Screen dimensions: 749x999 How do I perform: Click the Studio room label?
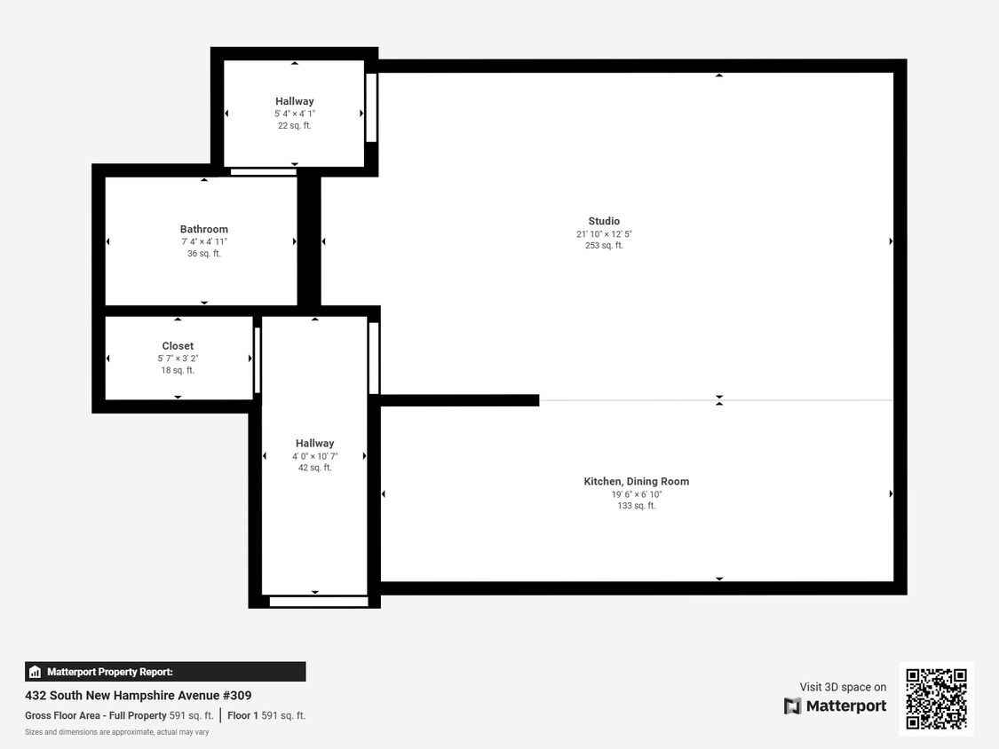coord(604,221)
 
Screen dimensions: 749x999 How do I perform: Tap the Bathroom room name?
coord(204,229)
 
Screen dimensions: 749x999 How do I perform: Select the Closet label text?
coord(178,346)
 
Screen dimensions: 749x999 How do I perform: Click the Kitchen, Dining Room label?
coord(636,481)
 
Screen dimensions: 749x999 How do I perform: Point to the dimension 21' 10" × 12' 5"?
coord(604,234)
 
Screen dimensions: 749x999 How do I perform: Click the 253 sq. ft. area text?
coord(604,246)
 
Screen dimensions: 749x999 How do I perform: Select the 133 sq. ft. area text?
coord(636,506)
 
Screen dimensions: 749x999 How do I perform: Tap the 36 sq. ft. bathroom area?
coord(204,254)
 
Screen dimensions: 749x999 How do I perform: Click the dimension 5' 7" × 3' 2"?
coord(178,359)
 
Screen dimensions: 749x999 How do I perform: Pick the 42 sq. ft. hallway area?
coord(314,468)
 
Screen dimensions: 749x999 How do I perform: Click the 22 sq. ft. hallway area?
coord(294,126)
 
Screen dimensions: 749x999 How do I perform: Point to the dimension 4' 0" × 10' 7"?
coord(314,456)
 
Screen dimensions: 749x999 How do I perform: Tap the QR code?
coord(936,699)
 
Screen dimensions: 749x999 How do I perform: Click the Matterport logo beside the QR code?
coord(835,706)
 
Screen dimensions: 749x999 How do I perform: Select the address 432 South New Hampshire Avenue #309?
coord(138,696)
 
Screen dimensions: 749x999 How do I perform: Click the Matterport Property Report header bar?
coord(165,672)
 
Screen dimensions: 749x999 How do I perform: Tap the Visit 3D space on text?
coord(843,687)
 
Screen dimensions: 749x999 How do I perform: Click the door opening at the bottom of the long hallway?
coord(318,602)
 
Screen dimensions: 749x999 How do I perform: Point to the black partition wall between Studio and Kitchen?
coord(459,400)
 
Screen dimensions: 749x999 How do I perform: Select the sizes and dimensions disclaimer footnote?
coord(116,732)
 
